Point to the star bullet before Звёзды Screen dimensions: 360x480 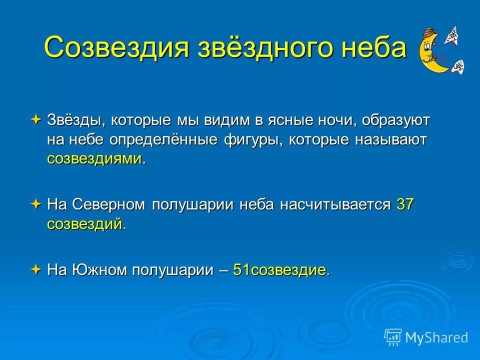[x=36, y=120]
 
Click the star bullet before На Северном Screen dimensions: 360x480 [x=36, y=204]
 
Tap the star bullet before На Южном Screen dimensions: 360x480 [x=36, y=270]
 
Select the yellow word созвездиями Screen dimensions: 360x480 [x=94, y=159]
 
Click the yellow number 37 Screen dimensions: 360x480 [x=405, y=204]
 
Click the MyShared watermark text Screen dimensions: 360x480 [x=436, y=337]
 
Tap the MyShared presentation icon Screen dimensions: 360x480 [x=393, y=337]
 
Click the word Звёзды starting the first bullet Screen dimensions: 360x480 [x=75, y=120]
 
